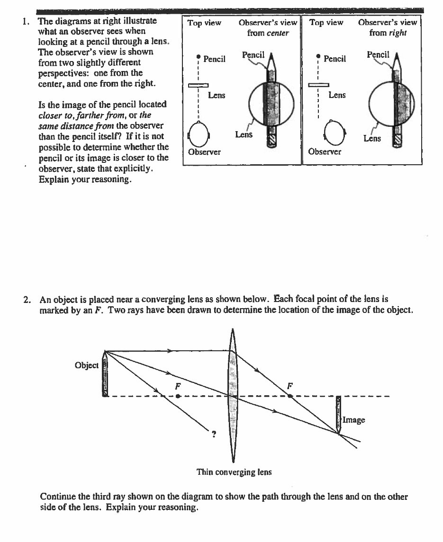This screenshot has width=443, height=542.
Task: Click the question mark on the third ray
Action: [x=214, y=434]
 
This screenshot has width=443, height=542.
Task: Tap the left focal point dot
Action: [x=177, y=396]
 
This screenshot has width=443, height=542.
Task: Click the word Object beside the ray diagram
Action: [x=87, y=365]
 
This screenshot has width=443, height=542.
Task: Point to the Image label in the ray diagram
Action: [x=353, y=419]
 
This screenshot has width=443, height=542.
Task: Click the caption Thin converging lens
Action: [x=234, y=472]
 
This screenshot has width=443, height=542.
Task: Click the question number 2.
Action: [x=27, y=299]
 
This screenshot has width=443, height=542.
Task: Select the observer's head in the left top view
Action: [x=199, y=134]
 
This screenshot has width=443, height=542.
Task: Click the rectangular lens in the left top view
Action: [x=199, y=85]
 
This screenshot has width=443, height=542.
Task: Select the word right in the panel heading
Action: [x=398, y=33]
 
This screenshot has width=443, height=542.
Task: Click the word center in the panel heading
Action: [x=278, y=33]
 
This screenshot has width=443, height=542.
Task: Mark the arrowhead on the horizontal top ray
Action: [x=170, y=351]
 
